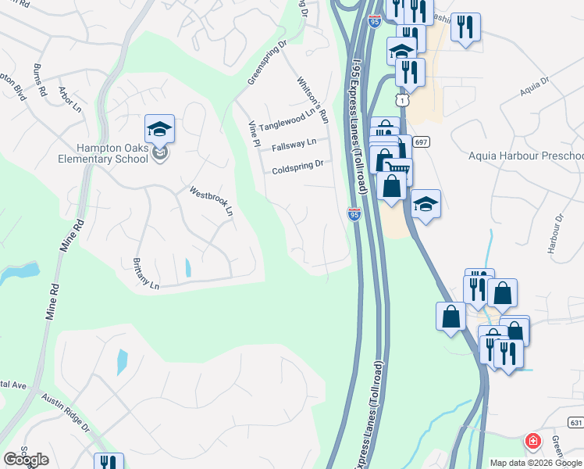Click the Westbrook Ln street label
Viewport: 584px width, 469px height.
click(212, 201)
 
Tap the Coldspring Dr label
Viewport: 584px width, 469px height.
click(297, 167)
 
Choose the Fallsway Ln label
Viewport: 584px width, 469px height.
click(294, 145)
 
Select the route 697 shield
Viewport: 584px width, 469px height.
click(421, 142)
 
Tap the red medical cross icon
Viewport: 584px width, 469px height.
click(533, 441)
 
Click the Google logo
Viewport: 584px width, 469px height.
click(26, 459)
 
